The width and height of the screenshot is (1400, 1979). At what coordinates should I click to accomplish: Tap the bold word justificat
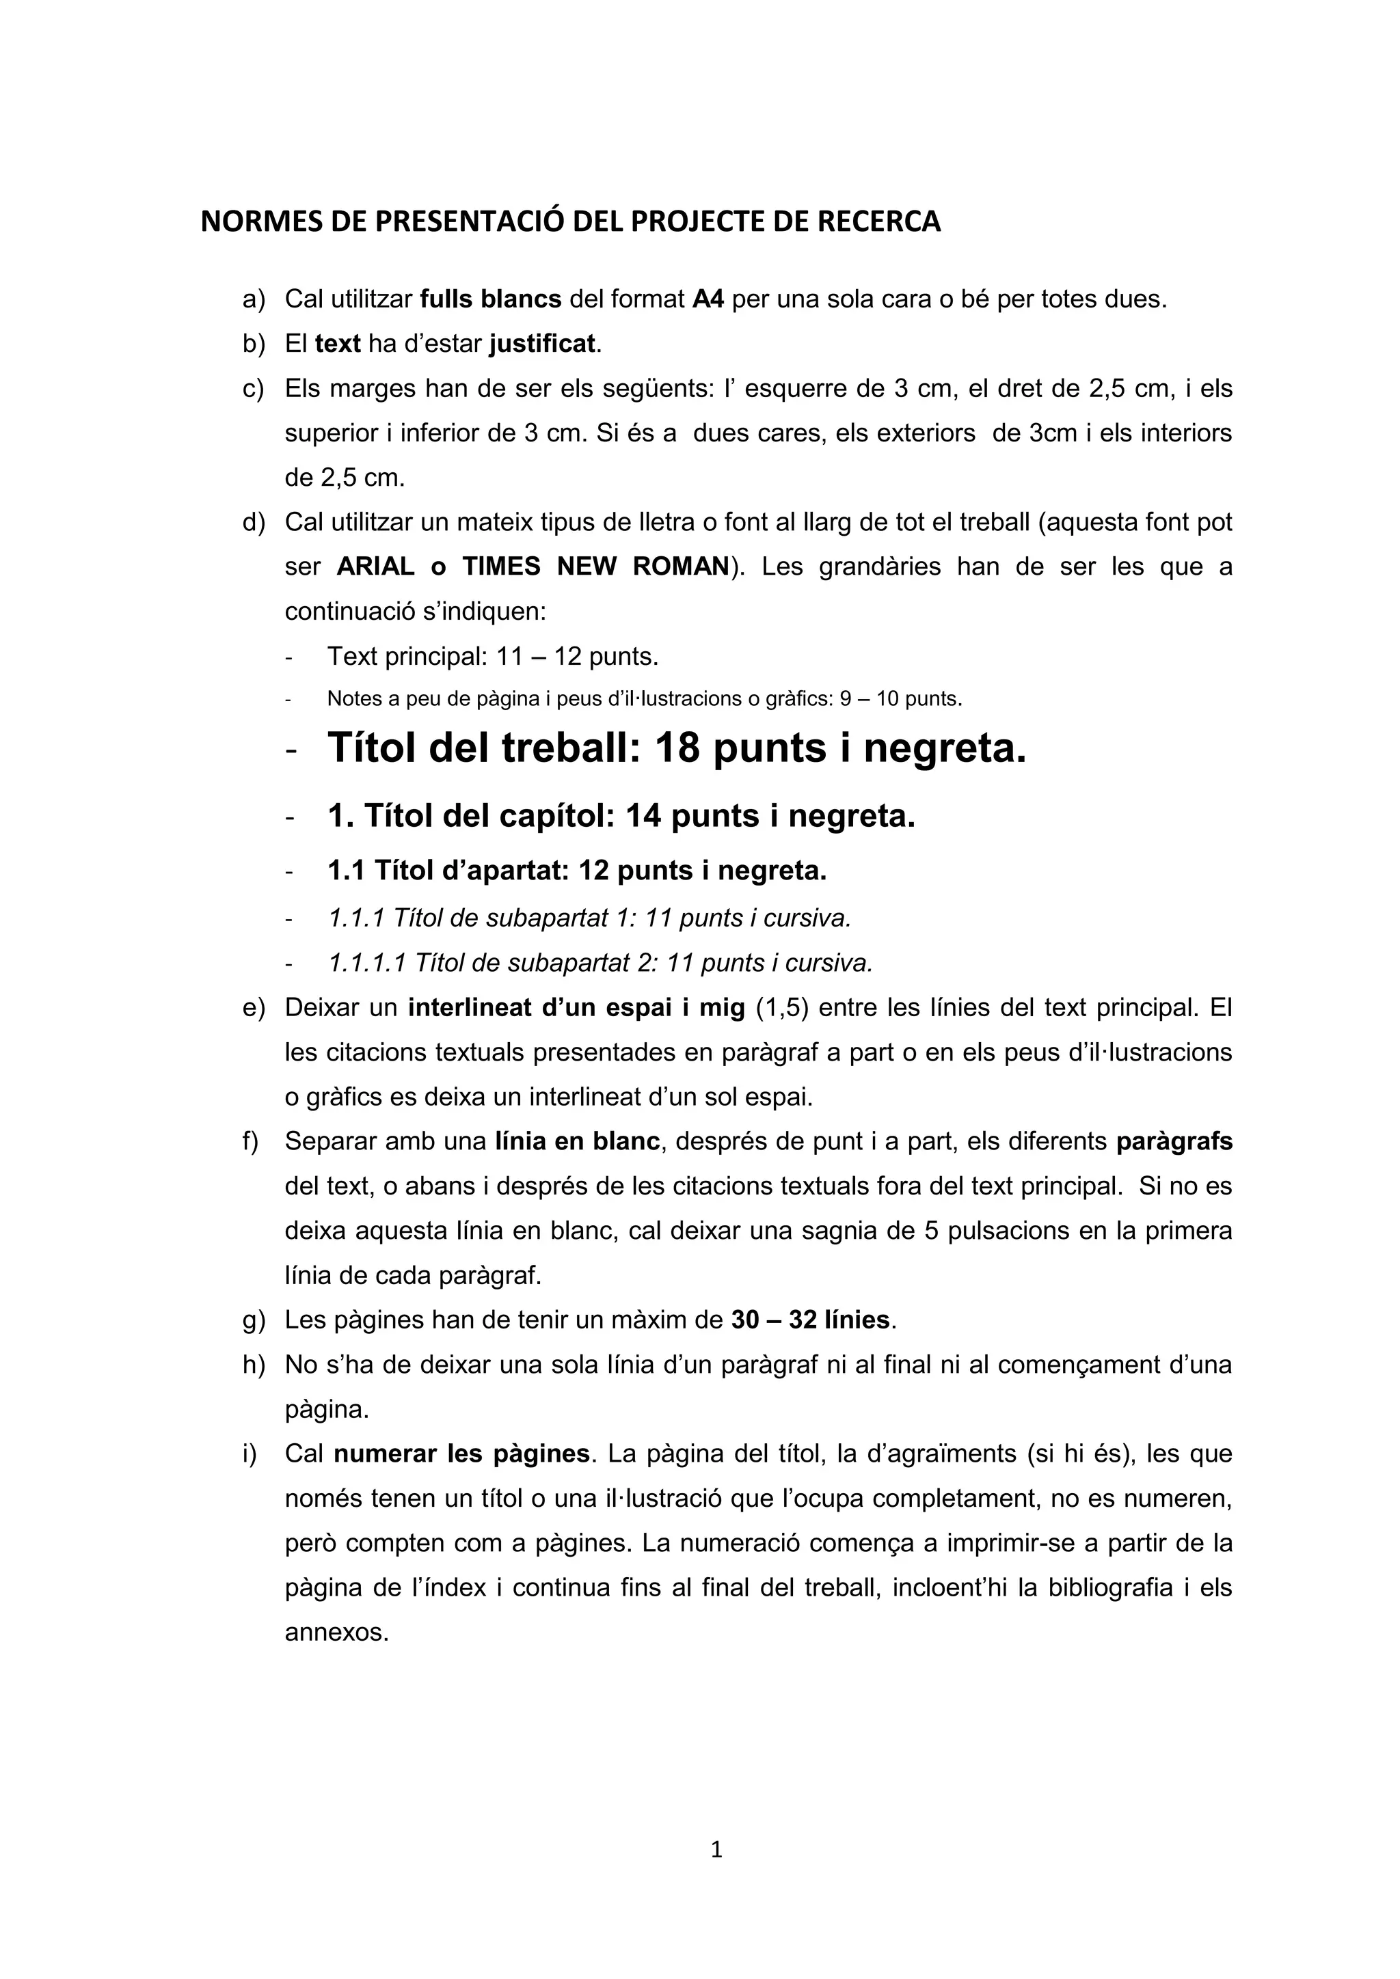(x=542, y=344)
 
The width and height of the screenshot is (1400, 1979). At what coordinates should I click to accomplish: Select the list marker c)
(x=254, y=389)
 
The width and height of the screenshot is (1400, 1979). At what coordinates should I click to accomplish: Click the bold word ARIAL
(x=375, y=567)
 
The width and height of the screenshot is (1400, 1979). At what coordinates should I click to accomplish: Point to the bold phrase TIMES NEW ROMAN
(x=595, y=567)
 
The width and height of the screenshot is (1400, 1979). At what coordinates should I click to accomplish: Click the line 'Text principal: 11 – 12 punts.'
(x=492, y=657)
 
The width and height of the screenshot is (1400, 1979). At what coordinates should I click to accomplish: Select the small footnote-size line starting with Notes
(x=644, y=699)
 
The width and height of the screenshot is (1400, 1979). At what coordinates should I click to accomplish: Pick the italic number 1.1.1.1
(x=366, y=963)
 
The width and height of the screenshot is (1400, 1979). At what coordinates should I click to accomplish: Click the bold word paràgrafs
(x=1174, y=1142)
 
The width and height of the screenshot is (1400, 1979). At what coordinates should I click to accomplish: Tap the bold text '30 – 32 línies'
(x=809, y=1320)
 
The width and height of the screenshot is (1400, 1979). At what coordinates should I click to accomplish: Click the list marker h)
(x=254, y=1365)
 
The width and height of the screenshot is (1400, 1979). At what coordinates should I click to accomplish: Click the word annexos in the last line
(x=337, y=1633)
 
